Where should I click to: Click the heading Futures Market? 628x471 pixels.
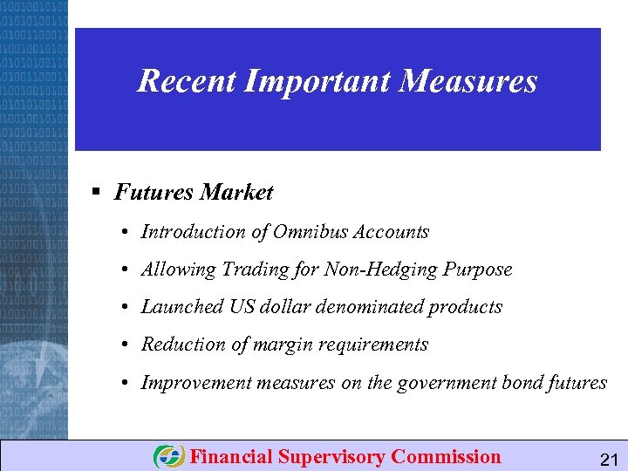tap(194, 192)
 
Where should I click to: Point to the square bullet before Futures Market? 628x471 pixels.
tap(98, 192)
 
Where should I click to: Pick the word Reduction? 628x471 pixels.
tap(182, 345)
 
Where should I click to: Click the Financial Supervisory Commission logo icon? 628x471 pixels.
tap(168, 457)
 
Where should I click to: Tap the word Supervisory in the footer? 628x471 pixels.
tap(332, 457)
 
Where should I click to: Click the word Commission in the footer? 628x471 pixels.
tap(446, 456)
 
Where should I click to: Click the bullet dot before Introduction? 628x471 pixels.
tap(126, 233)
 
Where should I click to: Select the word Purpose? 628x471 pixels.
tap(477, 270)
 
